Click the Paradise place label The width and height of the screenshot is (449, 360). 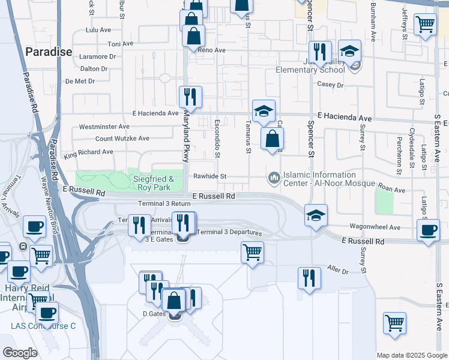click(49, 52)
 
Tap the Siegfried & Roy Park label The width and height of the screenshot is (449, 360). click(154, 183)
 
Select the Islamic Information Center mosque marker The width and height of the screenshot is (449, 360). click(274, 177)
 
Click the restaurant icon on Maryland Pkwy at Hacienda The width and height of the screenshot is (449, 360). click(190, 96)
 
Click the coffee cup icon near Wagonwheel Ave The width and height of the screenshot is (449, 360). click(429, 231)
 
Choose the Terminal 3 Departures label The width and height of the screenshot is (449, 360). click(229, 232)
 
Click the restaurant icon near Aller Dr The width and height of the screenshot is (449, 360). click(309, 278)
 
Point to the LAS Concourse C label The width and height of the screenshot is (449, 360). click(43, 326)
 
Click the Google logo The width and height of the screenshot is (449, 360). click(20, 353)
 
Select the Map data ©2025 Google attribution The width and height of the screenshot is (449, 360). click(412, 355)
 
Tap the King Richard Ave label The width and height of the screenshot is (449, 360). click(88, 152)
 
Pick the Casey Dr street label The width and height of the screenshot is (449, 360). click(331, 85)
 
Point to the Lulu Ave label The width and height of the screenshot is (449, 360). click(99, 29)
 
